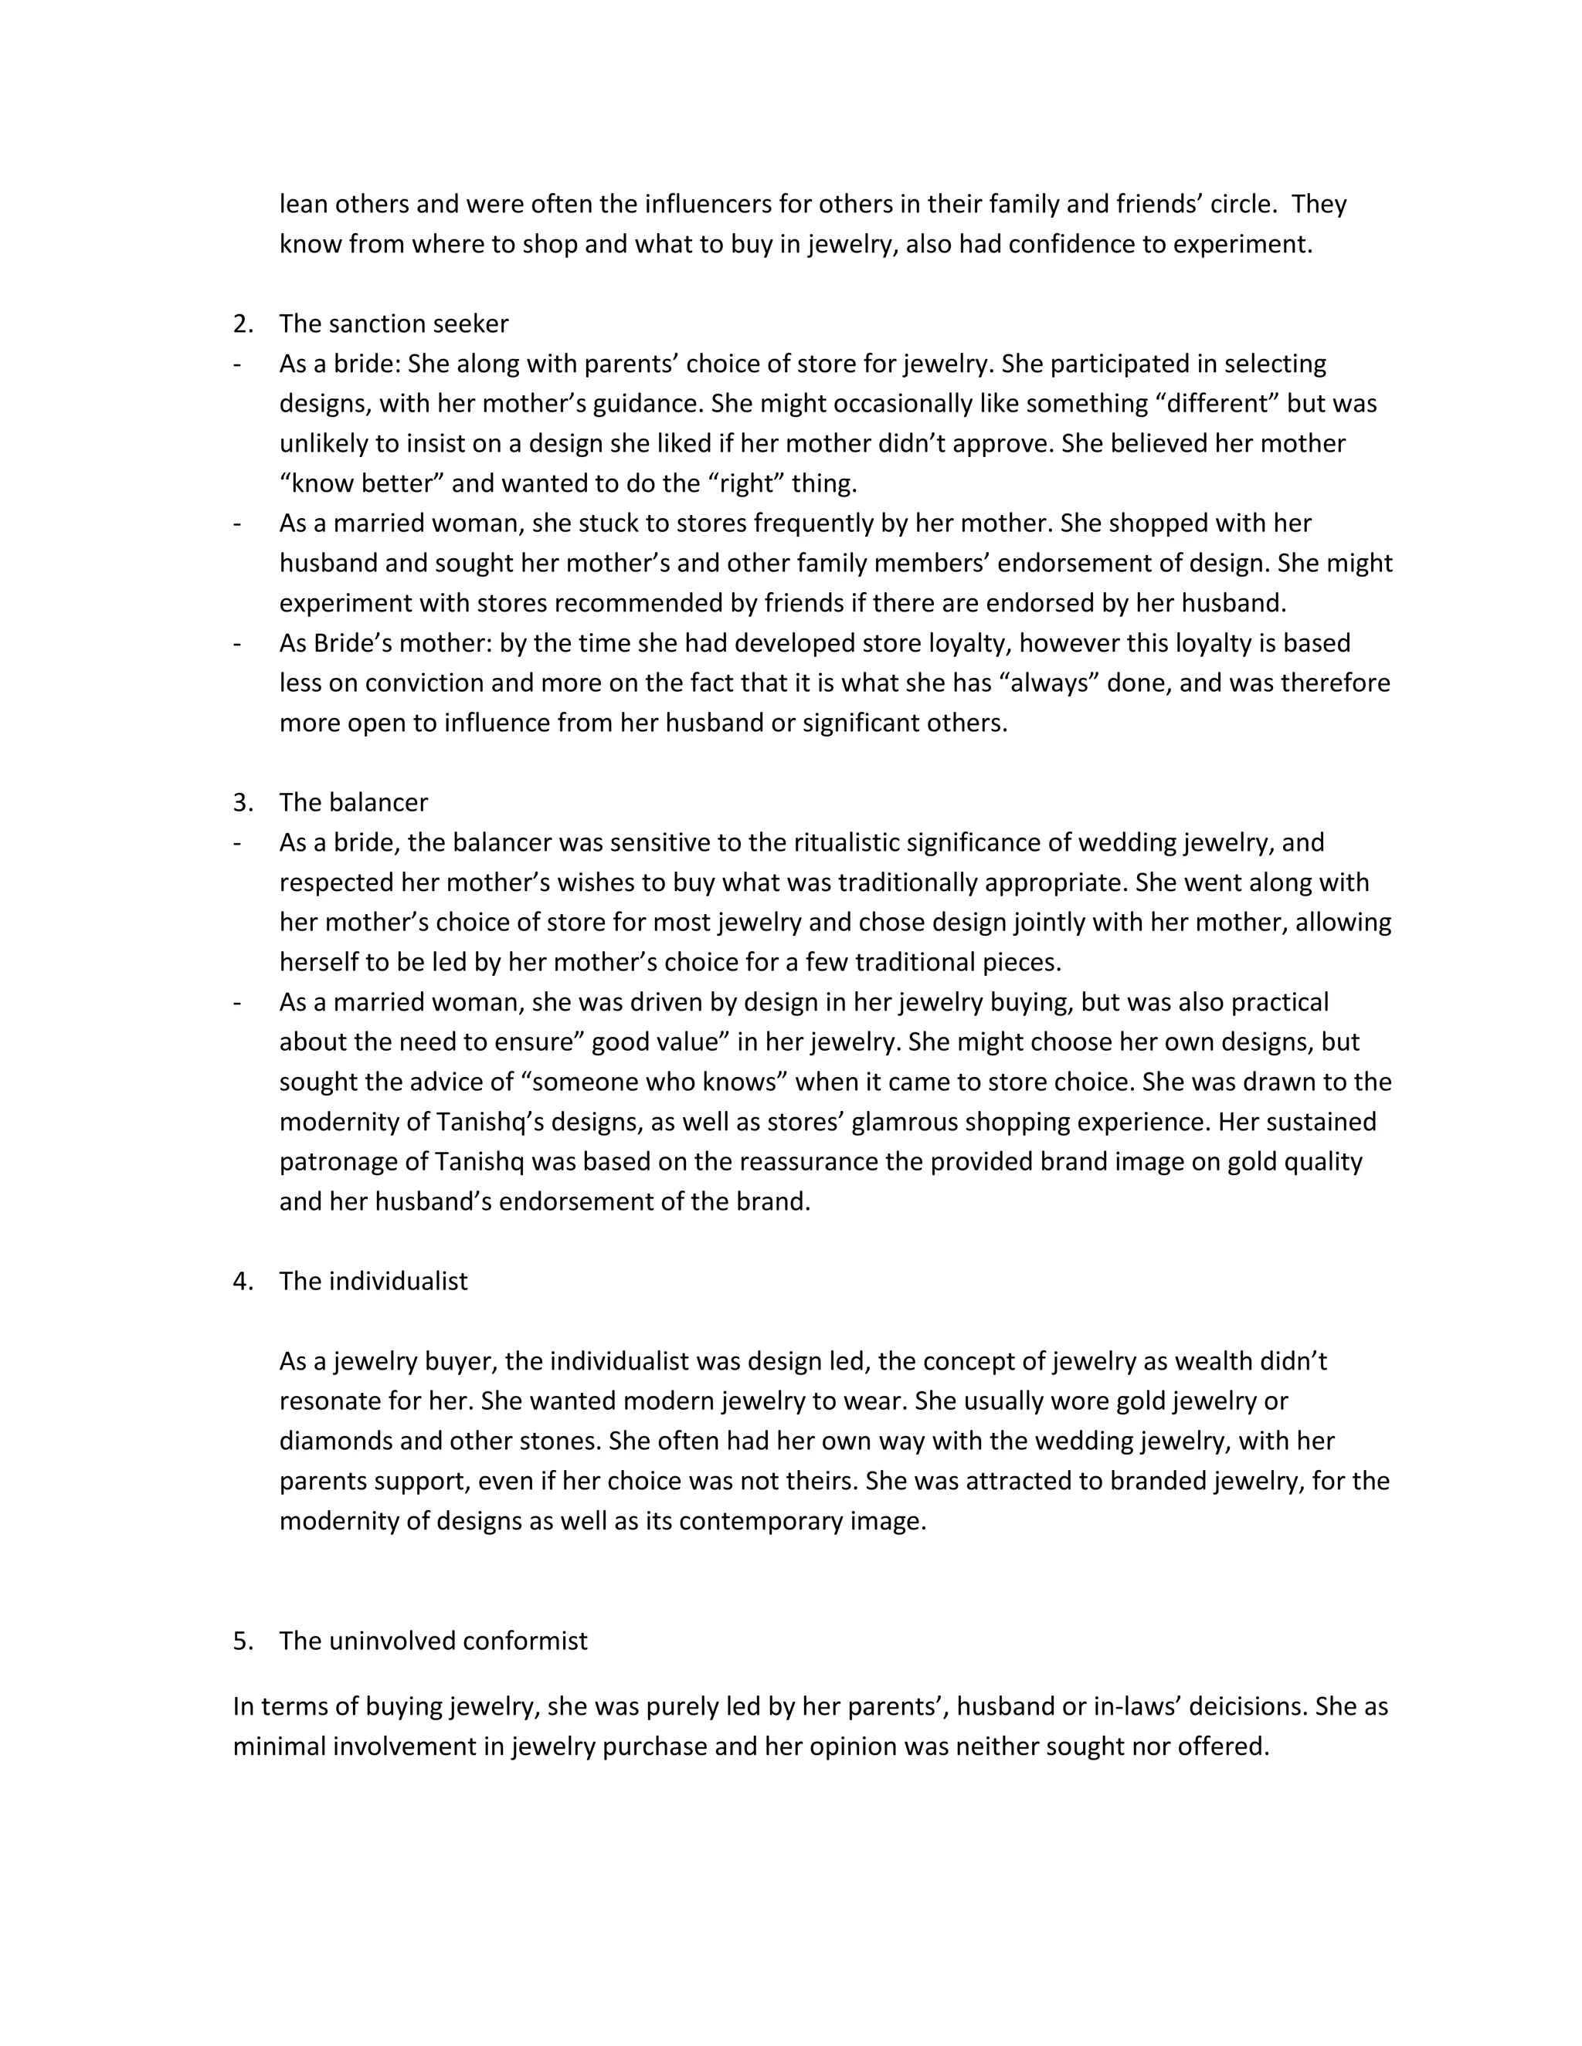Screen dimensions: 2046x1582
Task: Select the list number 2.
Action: [243, 324]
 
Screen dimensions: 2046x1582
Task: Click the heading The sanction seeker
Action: [394, 324]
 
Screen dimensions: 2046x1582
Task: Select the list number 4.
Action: [243, 1282]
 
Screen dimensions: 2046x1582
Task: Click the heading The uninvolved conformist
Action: [433, 1641]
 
